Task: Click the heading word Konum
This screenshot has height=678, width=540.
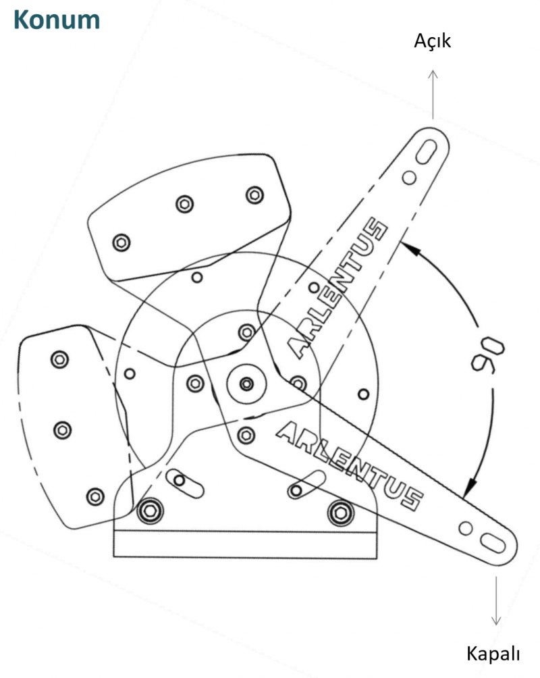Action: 57,20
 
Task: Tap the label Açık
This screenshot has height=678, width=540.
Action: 433,41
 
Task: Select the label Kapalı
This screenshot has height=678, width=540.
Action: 493,654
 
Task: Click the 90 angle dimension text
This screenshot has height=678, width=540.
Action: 487,353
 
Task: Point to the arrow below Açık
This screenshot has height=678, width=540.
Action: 433,94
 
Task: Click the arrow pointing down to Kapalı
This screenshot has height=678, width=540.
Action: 496,600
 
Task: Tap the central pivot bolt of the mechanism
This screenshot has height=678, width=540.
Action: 246,384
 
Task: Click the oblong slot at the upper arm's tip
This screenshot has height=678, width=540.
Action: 426,152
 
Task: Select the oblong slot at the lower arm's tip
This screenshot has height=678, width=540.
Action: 493,544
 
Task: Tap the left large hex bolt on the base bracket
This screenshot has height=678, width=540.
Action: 150,511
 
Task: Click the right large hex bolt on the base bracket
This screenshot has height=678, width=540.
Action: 341,513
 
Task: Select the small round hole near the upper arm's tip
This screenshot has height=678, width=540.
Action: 409,178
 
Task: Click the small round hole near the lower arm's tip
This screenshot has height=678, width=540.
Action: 465,528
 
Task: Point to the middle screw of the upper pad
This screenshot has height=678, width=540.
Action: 184,204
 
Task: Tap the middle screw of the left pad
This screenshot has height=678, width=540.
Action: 63,430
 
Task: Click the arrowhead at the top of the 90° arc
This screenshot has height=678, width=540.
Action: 410,249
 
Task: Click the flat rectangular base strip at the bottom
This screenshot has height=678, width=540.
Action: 245,544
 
